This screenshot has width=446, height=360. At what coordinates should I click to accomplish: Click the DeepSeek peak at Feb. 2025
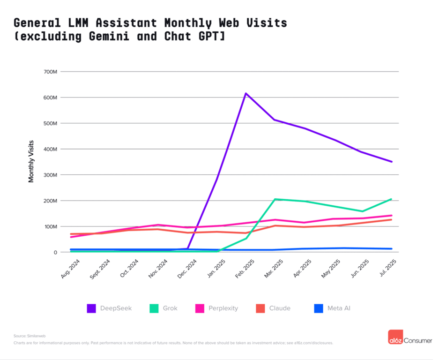click(x=245, y=93)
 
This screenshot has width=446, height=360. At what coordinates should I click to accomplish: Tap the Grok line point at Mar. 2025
click(x=275, y=199)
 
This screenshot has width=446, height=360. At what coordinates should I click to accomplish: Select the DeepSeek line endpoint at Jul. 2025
click(x=392, y=162)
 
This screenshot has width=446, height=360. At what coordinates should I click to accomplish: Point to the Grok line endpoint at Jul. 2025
click(x=392, y=199)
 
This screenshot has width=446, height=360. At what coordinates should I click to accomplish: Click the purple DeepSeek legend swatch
click(x=91, y=308)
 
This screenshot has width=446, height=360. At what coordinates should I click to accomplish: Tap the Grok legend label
click(x=170, y=308)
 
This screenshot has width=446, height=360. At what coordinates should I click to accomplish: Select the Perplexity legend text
click(x=223, y=308)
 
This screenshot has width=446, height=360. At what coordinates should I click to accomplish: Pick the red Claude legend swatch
click(x=260, y=308)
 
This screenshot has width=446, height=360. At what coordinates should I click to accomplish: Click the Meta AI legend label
click(x=339, y=308)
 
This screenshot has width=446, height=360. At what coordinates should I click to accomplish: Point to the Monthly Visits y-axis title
click(x=31, y=161)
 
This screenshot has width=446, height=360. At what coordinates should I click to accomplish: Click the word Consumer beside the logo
click(x=418, y=341)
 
